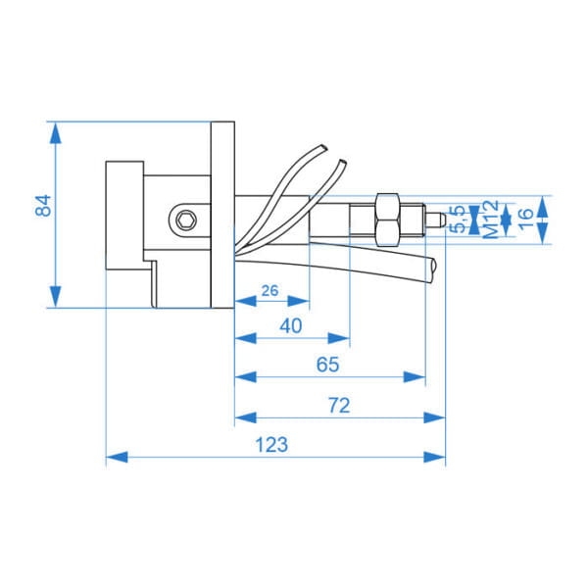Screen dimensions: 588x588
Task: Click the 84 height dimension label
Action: [x=43, y=206]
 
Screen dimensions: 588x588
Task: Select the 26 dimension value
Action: [x=270, y=291]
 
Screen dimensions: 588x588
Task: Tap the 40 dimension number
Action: [x=291, y=326]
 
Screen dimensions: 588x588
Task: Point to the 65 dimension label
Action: [x=327, y=365]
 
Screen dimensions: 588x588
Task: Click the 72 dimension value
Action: [x=339, y=406]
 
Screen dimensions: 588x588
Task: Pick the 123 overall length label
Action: [x=271, y=445]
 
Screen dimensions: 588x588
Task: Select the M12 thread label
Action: [x=491, y=220]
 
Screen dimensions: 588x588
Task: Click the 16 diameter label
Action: [x=525, y=219]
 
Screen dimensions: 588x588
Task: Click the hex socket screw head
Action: [x=186, y=220]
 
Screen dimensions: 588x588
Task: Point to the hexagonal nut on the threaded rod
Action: [x=387, y=220]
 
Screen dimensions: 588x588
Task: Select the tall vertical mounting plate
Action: [x=222, y=215]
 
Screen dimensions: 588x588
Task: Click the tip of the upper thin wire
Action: [x=323, y=148]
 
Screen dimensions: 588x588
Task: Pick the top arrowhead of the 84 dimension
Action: [x=56, y=132]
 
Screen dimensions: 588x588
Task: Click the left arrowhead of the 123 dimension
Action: [x=117, y=457]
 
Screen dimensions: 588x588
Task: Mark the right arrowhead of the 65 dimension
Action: [x=415, y=377]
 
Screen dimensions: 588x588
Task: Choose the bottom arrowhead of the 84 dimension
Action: [x=56, y=297]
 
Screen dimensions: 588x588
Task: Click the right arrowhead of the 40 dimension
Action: [x=339, y=338]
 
